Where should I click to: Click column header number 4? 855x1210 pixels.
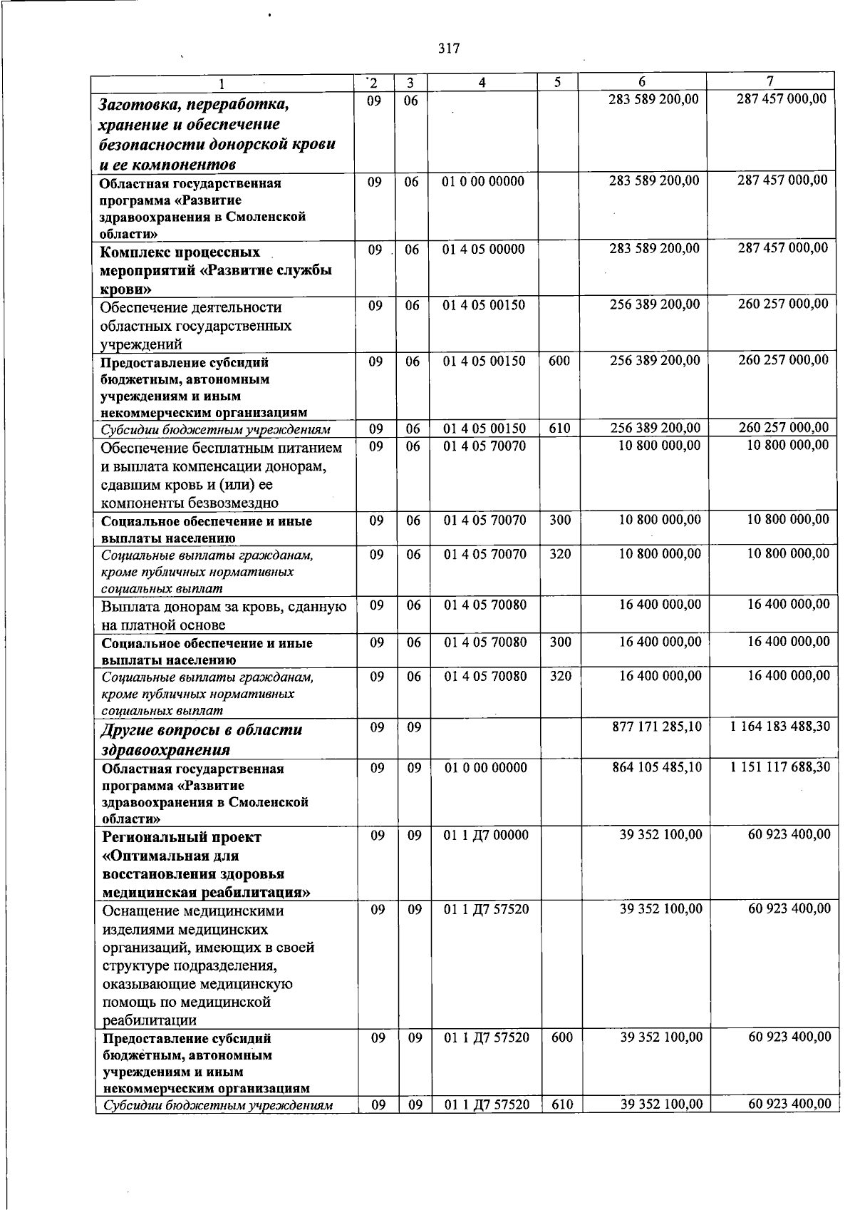pos(482,82)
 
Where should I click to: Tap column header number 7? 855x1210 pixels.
pos(769,81)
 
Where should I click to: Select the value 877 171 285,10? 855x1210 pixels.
pos(657,727)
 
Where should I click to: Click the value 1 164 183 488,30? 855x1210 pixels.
pos(780,727)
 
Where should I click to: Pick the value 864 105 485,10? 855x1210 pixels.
pos(657,767)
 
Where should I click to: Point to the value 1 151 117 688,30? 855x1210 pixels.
pos(780,767)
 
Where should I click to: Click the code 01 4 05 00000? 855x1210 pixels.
pos(484,249)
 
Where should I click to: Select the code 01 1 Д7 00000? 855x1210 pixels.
pos(486,834)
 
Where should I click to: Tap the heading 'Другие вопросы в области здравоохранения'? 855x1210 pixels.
pos(202,739)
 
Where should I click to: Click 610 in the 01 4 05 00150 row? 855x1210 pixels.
pos(559,429)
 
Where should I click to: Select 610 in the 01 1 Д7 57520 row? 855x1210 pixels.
pos(561,1104)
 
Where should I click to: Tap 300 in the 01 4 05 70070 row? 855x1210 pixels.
pos(560,520)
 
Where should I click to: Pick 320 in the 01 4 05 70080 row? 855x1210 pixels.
pos(560,675)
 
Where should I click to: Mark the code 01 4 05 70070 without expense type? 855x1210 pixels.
pos(484,446)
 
